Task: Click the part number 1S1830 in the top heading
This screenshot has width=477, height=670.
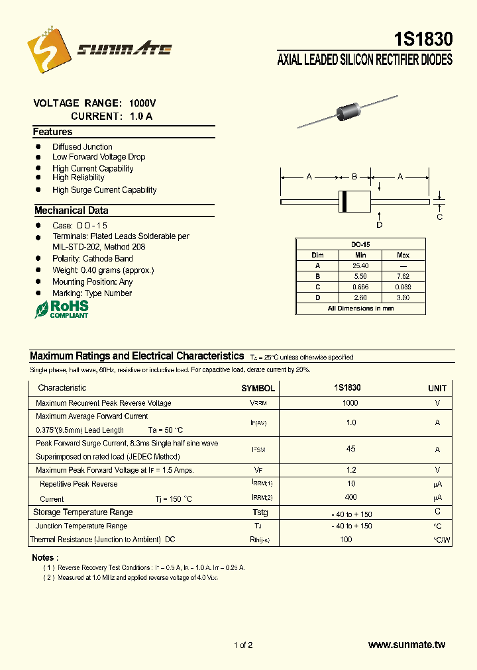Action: coord(422,40)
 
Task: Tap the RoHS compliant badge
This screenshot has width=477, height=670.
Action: coord(61,309)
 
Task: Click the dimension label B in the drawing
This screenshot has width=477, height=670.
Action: coord(354,177)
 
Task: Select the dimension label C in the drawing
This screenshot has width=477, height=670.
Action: coord(439,216)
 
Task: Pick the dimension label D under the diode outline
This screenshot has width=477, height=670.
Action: coord(380,225)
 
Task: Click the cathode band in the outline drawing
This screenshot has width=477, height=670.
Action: coord(343,201)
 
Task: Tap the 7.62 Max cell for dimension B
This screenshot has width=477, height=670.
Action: coord(403,276)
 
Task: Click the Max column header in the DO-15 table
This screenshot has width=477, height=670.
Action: coord(403,255)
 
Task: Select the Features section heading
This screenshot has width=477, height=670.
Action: coord(53,132)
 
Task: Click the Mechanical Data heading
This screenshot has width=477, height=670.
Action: coord(71,211)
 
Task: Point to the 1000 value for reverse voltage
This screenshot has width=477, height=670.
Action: coord(350,403)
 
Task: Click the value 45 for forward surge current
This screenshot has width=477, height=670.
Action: coord(350,449)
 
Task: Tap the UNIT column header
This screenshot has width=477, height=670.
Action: coord(437,388)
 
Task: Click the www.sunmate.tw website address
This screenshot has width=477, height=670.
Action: coord(406,645)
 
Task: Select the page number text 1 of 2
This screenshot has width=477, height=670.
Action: coord(243,645)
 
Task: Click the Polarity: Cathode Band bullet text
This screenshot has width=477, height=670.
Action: coord(93,258)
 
